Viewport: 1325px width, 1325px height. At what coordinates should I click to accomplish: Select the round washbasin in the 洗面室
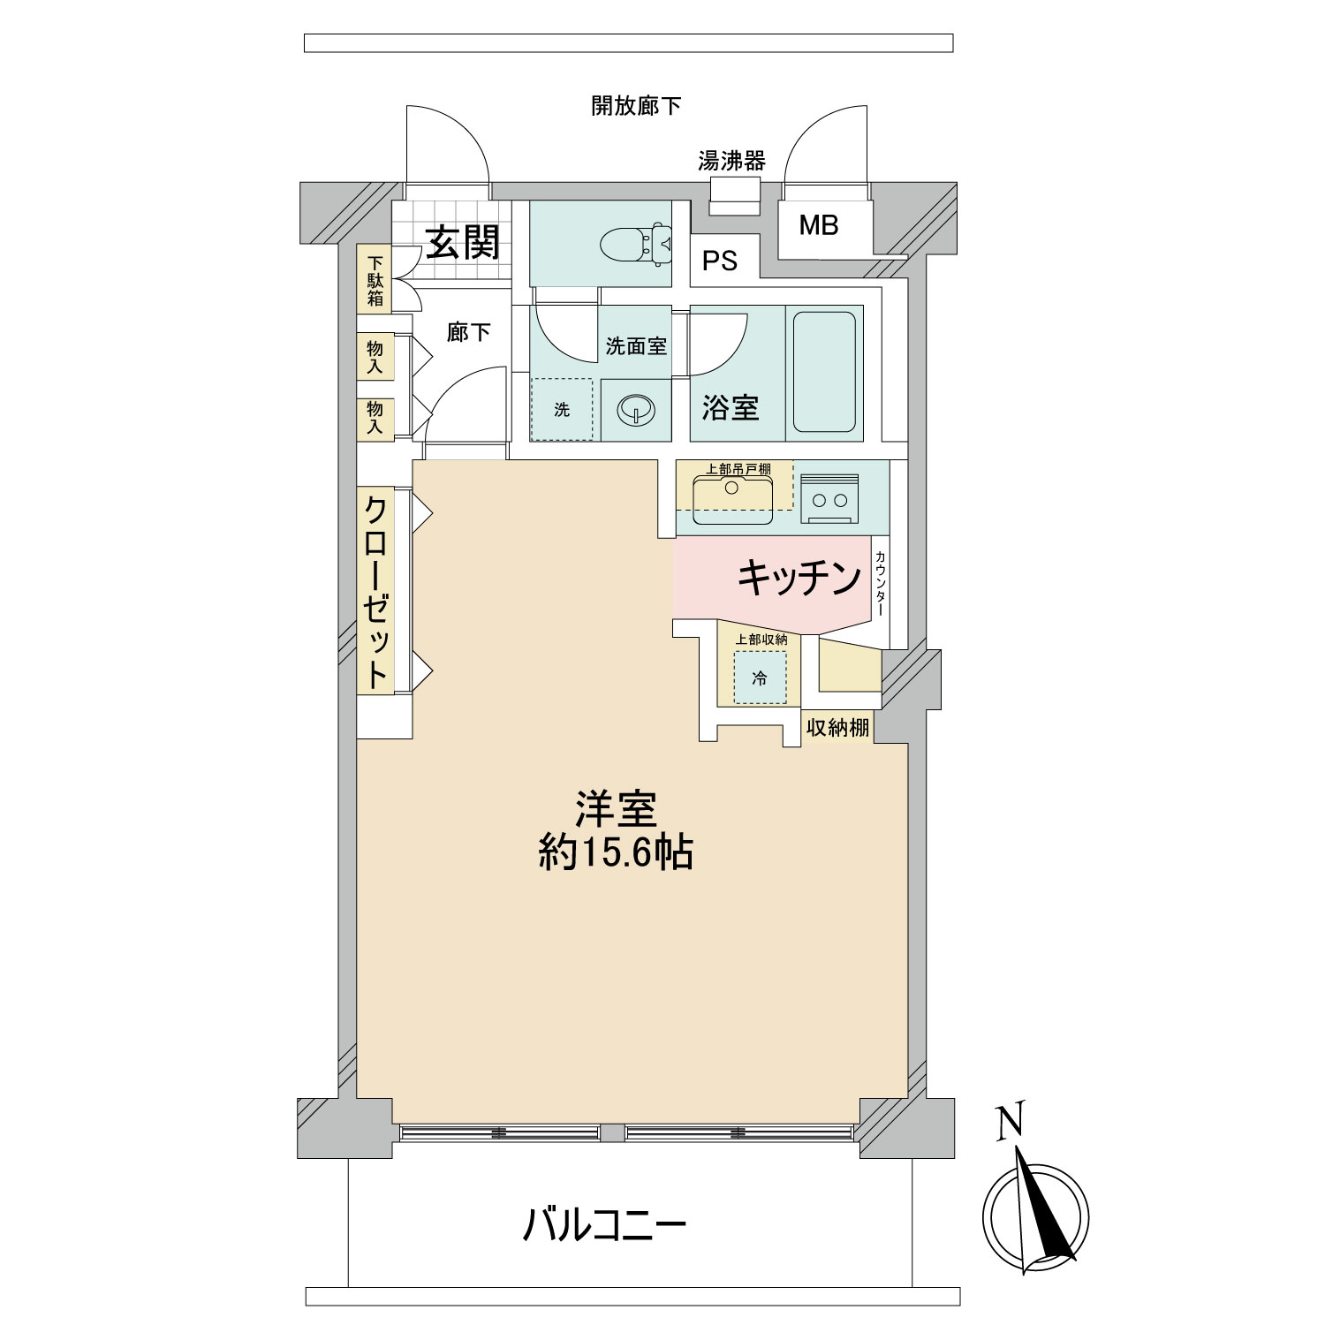[x=635, y=410]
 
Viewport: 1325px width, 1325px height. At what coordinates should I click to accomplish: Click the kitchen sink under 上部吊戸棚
[x=732, y=497]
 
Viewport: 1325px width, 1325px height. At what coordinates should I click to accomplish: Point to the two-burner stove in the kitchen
[x=831, y=500]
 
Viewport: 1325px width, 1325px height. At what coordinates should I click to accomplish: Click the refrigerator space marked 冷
[x=759, y=678]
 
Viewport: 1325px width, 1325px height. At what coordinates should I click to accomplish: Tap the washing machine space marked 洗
[x=562, y=410]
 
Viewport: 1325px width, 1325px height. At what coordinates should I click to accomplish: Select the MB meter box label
[x=818, y=226]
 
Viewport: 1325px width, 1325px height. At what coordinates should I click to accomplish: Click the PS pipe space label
[x=720, y=262]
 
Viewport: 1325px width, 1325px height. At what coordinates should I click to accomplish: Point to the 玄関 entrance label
[x=464, y=242]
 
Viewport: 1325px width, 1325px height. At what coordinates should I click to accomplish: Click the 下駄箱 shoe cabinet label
[x=375, y=281]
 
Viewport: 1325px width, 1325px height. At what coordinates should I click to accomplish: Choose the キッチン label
[x=799, y=579]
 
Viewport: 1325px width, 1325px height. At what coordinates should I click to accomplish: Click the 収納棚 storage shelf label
[x=837, y=728]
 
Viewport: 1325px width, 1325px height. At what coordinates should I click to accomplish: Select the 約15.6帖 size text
[x=616, y=853]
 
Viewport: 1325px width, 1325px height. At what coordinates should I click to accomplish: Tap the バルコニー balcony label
[x=605, y=1226]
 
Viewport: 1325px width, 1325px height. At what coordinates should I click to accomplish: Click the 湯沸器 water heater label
[x=731, y=161]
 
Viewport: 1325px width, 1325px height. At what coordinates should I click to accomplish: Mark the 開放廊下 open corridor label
[x=636, y=106]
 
